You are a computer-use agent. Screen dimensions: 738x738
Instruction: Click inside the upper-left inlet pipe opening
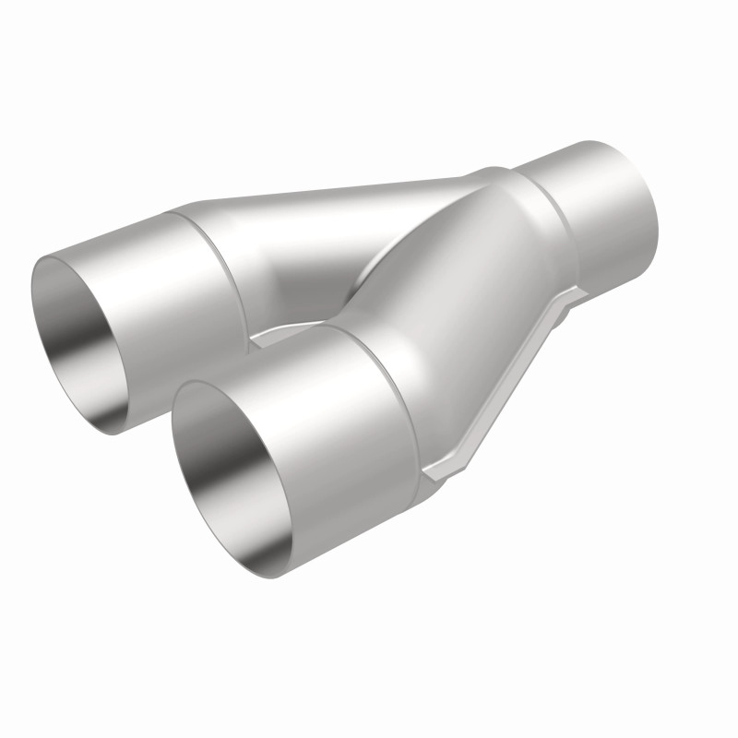pos(88,341)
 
